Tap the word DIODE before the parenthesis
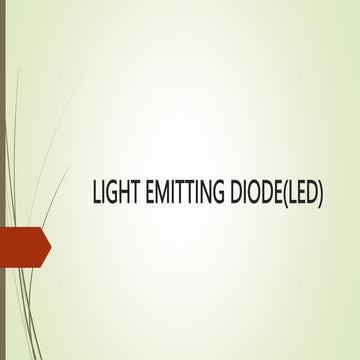[255, 193]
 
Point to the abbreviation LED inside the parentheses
[303, 193]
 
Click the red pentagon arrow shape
[24, 247]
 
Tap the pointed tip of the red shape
[50, 247]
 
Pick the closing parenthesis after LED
[323, 193]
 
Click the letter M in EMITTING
[160, 193]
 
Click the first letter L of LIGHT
[96, 193]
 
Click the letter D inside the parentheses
[312, 193]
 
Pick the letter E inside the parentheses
[300, 193]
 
